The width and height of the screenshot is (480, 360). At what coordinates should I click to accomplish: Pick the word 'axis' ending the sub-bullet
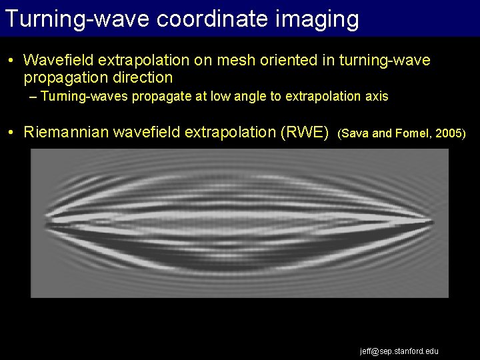coord(375,97)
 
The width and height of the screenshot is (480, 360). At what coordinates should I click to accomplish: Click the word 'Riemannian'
coord(65,132)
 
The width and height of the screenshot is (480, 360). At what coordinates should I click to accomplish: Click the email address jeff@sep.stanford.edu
coord(399,351)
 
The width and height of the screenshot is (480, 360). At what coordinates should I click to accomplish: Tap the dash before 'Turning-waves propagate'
coord(33,97)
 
